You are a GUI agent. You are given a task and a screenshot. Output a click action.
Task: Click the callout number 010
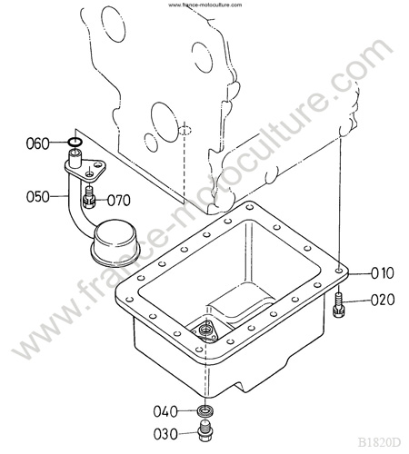[x=383, y=273]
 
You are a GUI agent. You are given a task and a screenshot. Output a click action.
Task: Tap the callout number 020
[x=383, y=300]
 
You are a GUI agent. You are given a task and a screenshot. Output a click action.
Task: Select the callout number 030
[x=165, y=434]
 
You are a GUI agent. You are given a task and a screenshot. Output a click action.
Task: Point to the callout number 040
[x=165, y=411]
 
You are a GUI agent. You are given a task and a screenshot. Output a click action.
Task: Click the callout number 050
[x=38, y=197]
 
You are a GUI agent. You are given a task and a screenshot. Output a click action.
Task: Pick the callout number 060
[x=38, y=143]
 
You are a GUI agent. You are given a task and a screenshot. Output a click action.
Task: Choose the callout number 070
[x=119, y=201]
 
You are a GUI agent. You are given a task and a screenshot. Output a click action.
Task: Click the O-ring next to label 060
[x=75, y=141]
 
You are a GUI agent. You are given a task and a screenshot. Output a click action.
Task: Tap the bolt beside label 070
[x=89, y=197]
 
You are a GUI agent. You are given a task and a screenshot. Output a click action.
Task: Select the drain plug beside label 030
[x=206, y=430]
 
